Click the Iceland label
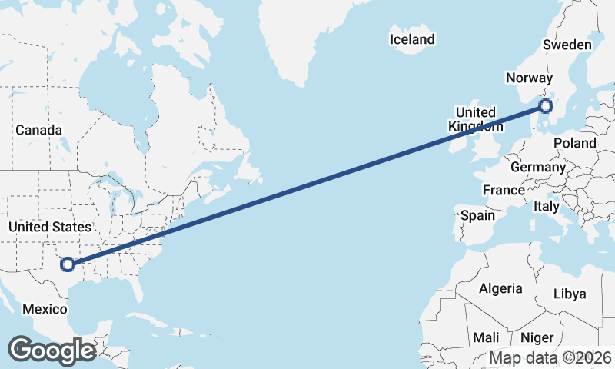[412, 39]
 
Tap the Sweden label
[567, 45]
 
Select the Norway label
[529, 78]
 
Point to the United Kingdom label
[476, 119]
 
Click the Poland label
[574, 143]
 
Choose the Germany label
[537, 168]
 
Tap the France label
[504, 190]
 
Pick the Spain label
[477, 215]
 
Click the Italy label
[547, 207]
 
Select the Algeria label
[500, 289]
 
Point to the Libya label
[570, 294]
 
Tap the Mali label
[486, 337]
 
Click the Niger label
[537, 337]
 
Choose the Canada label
[38, 130]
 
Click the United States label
[50, 227]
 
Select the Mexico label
[45, 309]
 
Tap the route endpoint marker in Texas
[68, 264]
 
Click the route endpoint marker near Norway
[546, 106]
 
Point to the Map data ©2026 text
[550, 357]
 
